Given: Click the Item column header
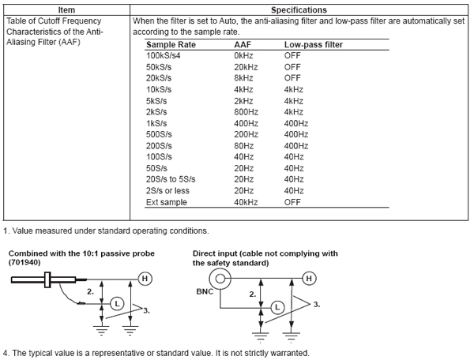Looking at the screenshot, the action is tap(66, 10).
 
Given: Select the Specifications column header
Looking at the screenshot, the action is tap(299, 10).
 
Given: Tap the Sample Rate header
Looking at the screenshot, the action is tap(171, 45).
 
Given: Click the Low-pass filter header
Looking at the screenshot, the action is tap(313, 45).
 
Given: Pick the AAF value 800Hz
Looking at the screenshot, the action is tap(246, 112).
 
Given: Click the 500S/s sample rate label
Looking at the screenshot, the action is tap(159, 134).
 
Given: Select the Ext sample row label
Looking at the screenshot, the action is tap(167, 202).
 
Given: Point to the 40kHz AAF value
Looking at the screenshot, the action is tap(246, 202).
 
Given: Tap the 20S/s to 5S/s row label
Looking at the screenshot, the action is tap(171, 179).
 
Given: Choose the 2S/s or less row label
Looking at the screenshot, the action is tap(167, 190).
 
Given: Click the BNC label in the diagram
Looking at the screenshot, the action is tap(205, 291).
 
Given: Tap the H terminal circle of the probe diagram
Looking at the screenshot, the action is tap(145, 279).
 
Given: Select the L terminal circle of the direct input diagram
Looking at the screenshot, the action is tap(277, 307).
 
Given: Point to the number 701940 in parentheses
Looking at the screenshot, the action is tap(24, 262).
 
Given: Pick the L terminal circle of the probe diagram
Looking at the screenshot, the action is tap(117, 303).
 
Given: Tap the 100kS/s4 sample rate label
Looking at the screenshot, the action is tap(164, 55).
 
